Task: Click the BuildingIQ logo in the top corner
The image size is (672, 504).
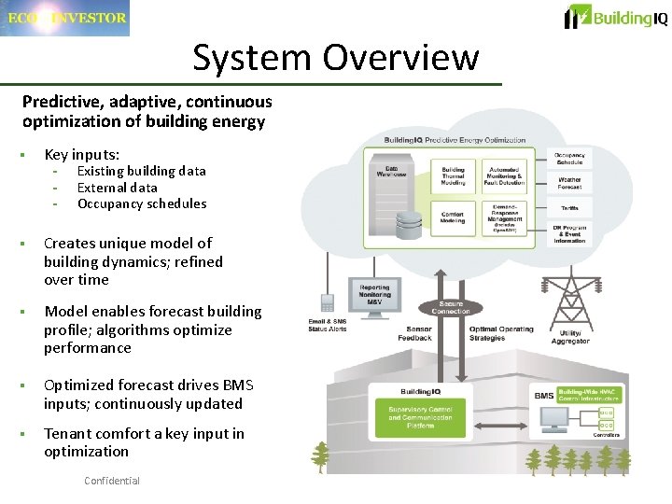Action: tap(617, 17)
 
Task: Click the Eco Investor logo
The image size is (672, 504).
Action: tap(64, 18)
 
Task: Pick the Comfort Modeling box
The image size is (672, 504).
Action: tap(453, 217)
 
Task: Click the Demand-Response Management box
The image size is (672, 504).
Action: tap(505, 216)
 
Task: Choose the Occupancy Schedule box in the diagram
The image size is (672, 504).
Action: tap(569, 159)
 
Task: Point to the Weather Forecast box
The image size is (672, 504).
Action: tap(569, 183)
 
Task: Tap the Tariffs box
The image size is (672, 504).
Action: tap(569, 208)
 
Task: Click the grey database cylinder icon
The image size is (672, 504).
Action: tap(408, 225)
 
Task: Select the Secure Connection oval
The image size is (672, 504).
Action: tap(451, 307)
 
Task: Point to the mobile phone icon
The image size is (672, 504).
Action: tap(328, 303)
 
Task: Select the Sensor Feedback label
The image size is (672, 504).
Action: tap(419, 333)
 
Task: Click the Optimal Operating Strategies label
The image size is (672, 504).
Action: tap(501, 333)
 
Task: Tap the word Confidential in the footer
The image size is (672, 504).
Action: tap(111, 481)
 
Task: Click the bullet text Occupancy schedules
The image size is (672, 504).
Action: tap(142, 203)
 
